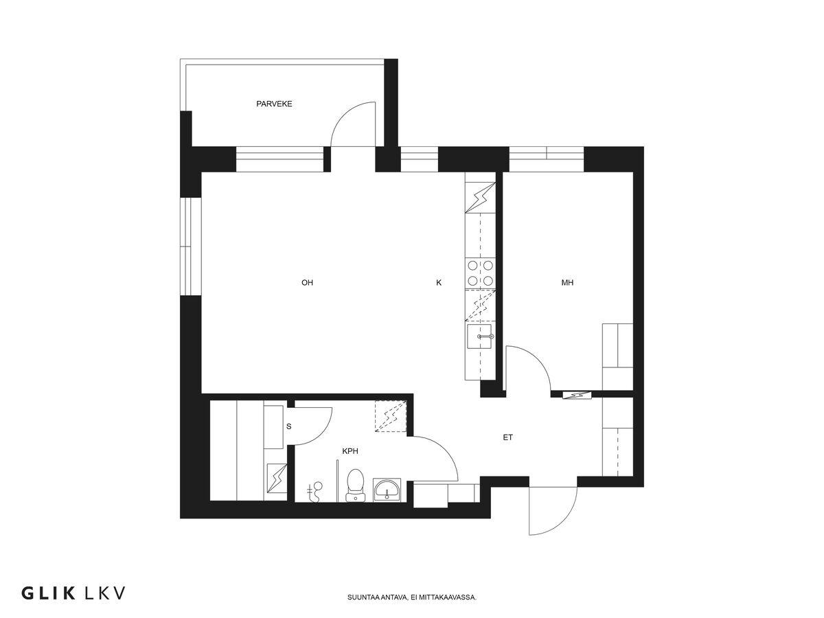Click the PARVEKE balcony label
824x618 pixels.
[275, 104]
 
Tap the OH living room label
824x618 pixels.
[307, 282]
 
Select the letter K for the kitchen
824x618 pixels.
[439, 282]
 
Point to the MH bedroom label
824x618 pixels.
[567, 282]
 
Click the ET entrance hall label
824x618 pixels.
[507, 437]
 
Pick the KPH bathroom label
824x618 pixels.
[350, 451]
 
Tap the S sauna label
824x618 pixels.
[289, 426]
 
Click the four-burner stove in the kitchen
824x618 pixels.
[479, 273]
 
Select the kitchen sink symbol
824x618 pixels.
[480, 337]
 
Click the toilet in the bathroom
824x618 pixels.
[356, 483]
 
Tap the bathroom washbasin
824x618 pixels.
[389, 490]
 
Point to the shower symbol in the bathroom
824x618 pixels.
[317, 491]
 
